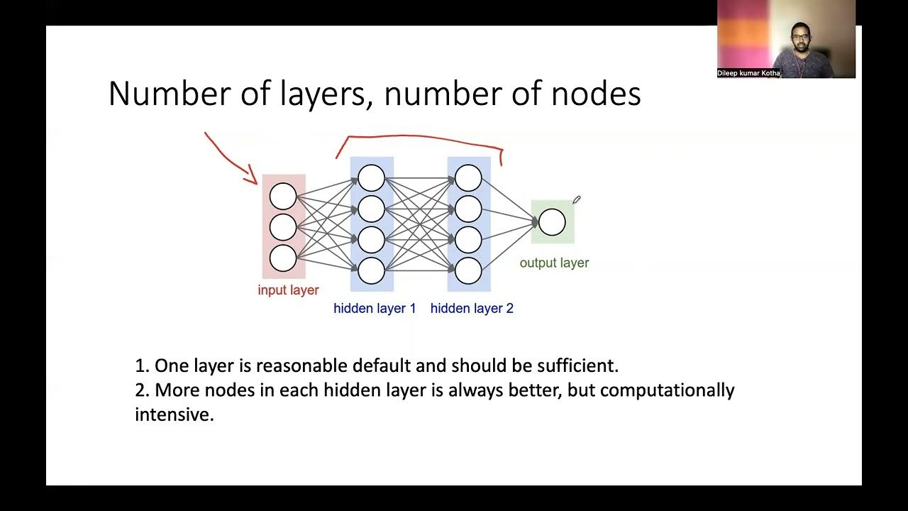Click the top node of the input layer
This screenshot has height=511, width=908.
coord(283,197)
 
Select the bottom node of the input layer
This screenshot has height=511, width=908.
coord(283,258)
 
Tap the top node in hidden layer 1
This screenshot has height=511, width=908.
coord(371,178)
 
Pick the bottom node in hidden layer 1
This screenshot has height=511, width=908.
coord(371,270)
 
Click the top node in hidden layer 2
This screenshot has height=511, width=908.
coord(468,178)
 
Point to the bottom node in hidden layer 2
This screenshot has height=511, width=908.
coord(468,270)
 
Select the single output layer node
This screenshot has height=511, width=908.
coord(552,222)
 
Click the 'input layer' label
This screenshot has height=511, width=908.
coord(288,290)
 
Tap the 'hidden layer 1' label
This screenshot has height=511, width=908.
coord(375,309)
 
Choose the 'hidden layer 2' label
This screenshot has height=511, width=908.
coord(472,309)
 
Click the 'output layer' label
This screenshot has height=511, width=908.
coord(554,263)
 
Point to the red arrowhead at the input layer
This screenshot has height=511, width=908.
coord(253,177)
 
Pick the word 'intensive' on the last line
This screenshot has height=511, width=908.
coord(174,414)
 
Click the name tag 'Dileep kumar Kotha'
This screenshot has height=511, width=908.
coord(748,73)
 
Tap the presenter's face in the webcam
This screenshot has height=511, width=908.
coord(799,35)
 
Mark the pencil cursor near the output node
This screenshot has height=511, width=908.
coord(577,200)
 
